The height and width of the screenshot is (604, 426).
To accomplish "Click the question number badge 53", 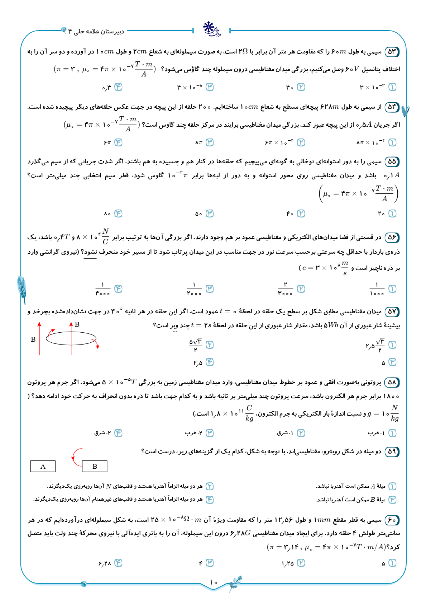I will pos(392,52).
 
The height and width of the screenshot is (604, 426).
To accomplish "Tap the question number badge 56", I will pos(392,237).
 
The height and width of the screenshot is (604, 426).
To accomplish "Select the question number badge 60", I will pos(392,520).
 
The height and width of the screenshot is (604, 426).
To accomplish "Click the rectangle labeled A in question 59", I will pos(43,466).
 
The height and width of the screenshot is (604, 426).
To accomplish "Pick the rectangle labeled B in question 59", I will pos(95,466).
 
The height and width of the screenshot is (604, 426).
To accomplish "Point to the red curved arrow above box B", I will pos(75,456).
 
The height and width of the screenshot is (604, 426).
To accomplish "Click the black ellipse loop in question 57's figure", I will pos(71,338).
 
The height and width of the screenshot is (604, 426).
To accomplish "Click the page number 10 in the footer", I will pos(214,582).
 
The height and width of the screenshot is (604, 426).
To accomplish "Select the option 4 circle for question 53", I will pos(118,87).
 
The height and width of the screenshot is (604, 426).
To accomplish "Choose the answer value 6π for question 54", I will pos(107,142).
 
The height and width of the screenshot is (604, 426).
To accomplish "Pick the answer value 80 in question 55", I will pos(107,214).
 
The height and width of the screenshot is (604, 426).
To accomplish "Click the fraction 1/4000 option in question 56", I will pos(103,289).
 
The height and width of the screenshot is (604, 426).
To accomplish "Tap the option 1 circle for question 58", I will pos(392,433).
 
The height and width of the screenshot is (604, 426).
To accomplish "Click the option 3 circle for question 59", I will pos(392,499).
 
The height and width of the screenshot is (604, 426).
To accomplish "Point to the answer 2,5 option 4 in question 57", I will pos(198,363).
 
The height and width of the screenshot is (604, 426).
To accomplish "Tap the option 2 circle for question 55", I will pos(301,214).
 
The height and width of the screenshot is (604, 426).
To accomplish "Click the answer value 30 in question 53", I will pos(290,87).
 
